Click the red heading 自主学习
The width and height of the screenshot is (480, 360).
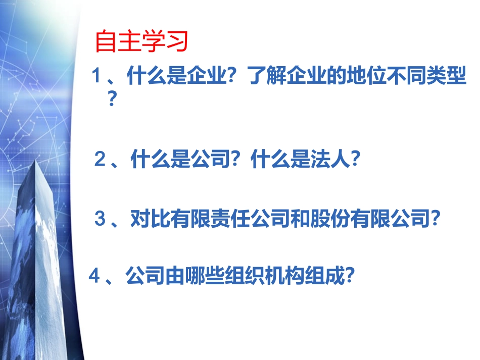(x=141, y=42)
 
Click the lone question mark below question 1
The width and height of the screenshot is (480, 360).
(x=113, y=99)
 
